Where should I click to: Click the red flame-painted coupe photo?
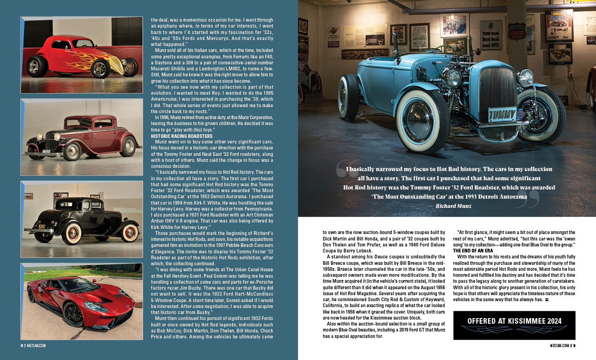point(81,55)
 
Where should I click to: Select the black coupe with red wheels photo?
point(81,219)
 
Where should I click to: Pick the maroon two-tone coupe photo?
point(81,137)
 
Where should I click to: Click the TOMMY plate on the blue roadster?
point(503,114)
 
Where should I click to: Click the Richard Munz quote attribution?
point(455,206)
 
